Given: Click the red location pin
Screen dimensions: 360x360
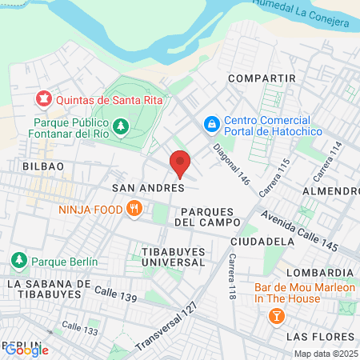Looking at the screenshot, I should click(180, 162).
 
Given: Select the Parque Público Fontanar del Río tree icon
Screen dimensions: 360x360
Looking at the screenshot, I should click(120, 126).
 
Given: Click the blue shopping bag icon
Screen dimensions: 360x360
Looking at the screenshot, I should click(211, 125).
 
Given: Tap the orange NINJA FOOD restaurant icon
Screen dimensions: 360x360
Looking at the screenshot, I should click(134, 210).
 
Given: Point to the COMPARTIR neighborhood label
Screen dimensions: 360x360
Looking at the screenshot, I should click(262, 78).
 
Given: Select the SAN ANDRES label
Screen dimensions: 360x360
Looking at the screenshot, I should click(148, 188).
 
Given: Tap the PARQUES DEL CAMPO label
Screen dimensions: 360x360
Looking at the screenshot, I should click(208, 215).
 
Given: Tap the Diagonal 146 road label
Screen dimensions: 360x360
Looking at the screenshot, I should click(231, 164).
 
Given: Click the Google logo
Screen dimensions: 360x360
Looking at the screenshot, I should click(26, 349).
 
